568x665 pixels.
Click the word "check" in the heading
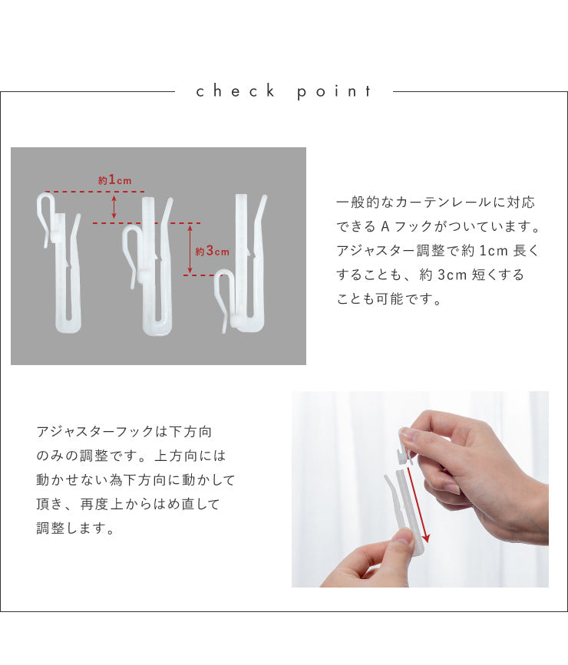[x=235, y=91]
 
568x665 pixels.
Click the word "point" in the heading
[x=334, y=92]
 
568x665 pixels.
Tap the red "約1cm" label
[x=114, y=179]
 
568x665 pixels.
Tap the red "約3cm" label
[x=213, y=251]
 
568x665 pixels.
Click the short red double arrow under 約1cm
[x=114, y=207]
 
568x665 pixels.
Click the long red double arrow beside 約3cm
[x=190, y=249]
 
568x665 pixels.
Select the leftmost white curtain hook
[x=59, y=262]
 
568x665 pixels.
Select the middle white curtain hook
[x=148, y=266]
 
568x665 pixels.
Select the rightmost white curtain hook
[x=241, y=263]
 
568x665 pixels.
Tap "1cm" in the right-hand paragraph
[x=494, y=251]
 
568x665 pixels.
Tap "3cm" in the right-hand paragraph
[x=452, y=275]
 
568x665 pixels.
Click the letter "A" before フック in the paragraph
[x=385, y=226]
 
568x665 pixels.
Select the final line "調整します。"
[x=75, y=528]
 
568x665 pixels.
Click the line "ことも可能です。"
[x=389, y=299]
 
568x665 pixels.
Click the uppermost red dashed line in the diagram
[x=95, y=192]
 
